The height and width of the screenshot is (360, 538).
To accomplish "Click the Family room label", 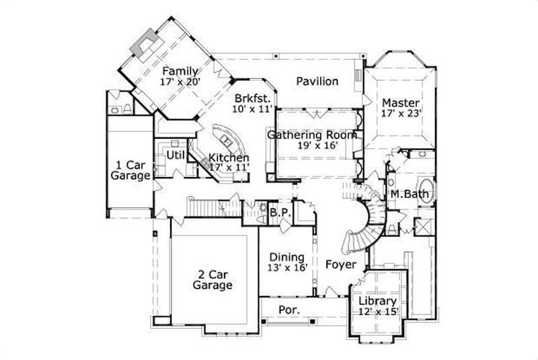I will tap(180, 71).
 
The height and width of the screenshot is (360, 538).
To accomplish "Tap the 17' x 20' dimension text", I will tap(180, 82).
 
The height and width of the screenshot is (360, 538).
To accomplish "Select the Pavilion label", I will tap(317, 81).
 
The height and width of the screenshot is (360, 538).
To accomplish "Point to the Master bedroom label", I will tap(401, 103).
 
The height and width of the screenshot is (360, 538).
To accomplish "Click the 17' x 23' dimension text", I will tap(401, 114).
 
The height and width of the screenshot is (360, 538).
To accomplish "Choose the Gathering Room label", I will tap(311, 135).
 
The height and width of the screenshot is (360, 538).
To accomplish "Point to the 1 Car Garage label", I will tap(131, 170).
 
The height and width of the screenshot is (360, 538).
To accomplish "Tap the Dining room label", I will tap(287, 257).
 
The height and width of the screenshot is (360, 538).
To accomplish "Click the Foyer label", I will tap(340, 264).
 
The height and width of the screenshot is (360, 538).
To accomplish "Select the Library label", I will tap(377, 301).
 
